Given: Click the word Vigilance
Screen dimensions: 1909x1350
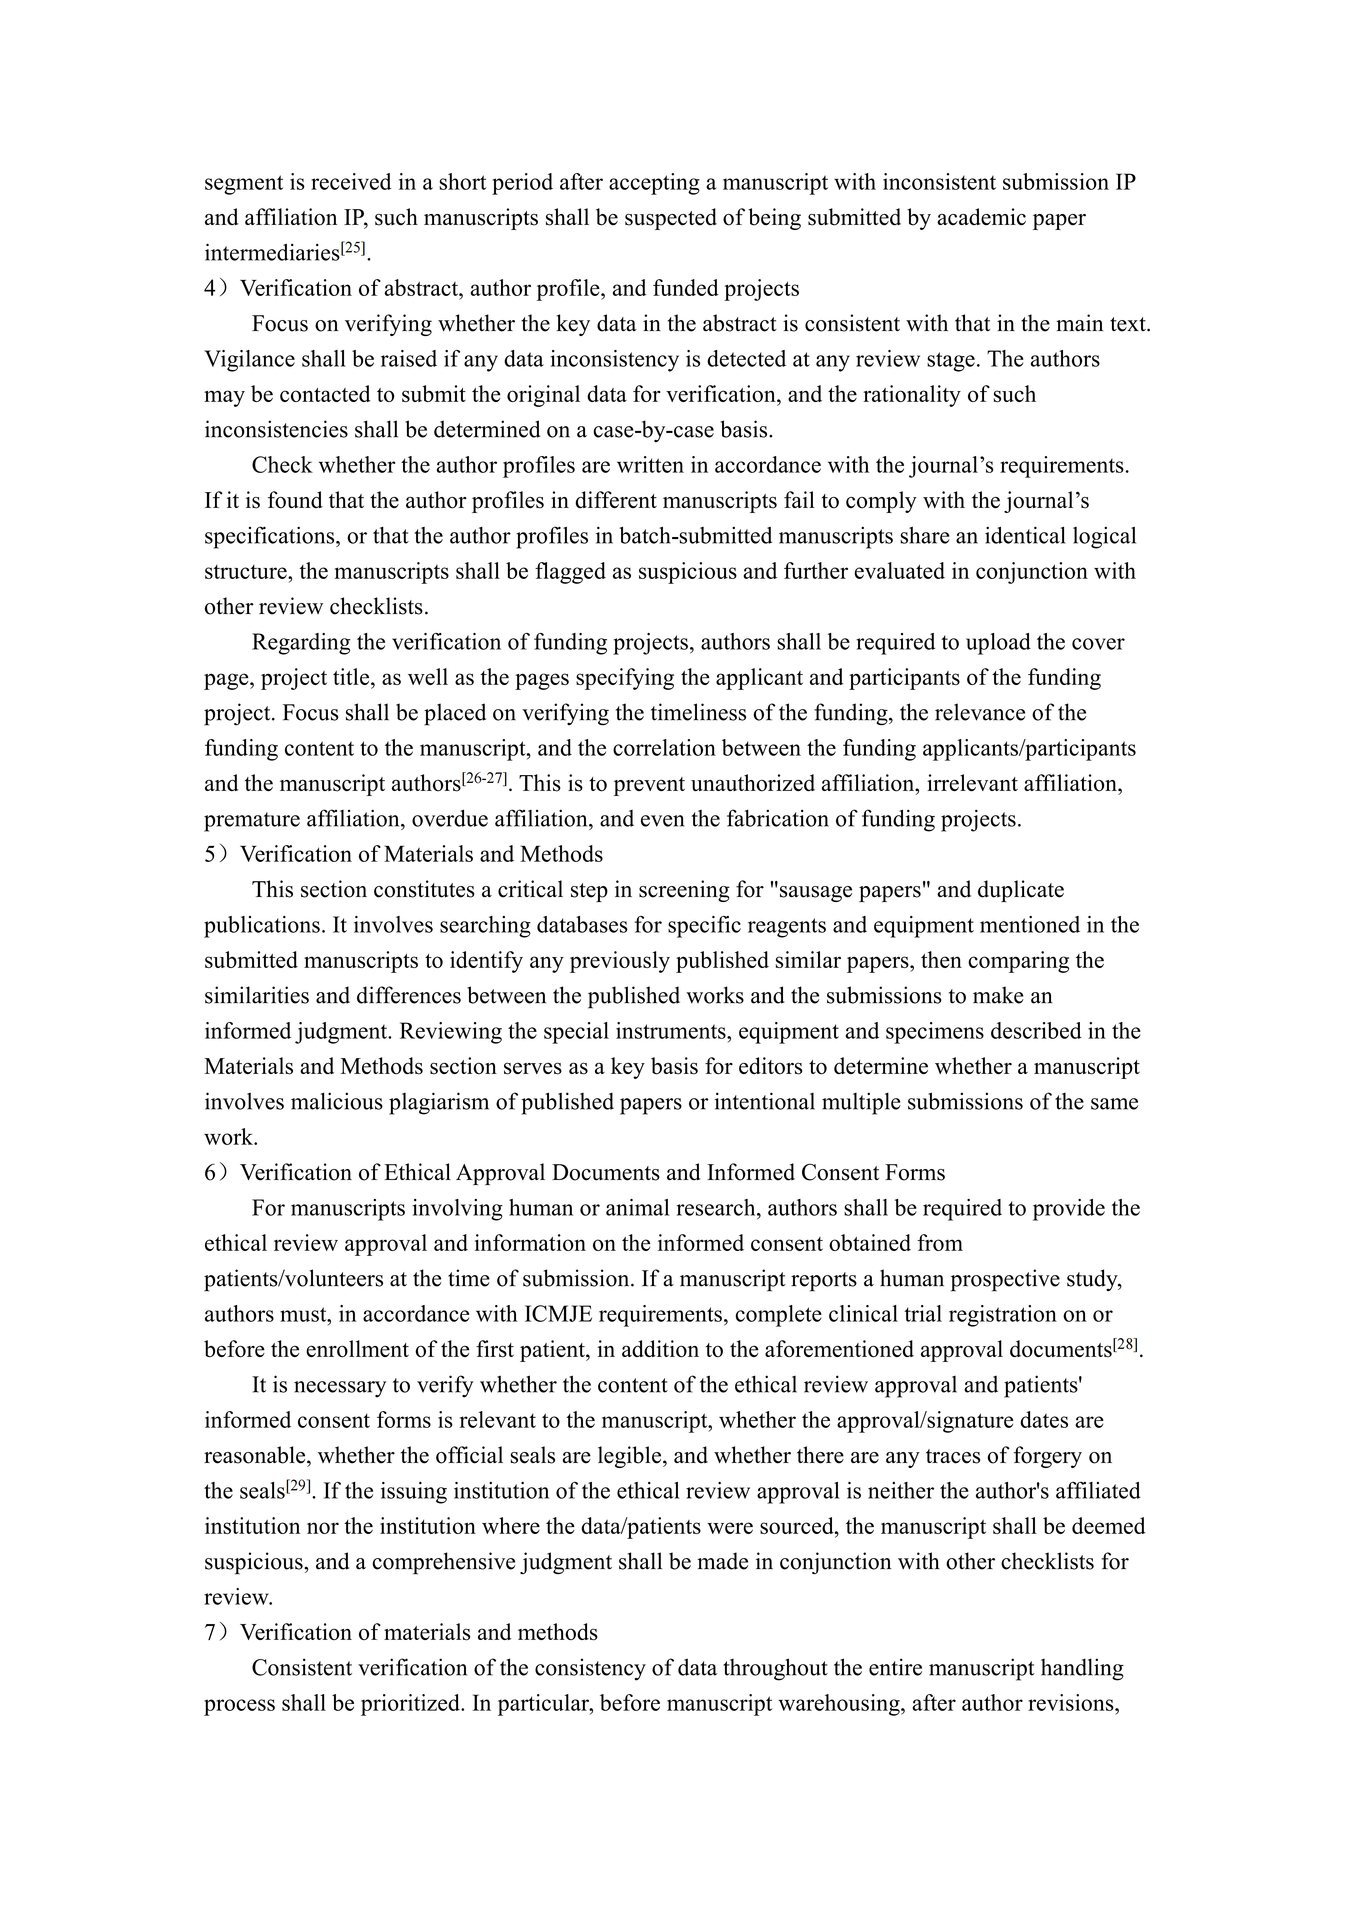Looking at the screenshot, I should click(x=249, y=359).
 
